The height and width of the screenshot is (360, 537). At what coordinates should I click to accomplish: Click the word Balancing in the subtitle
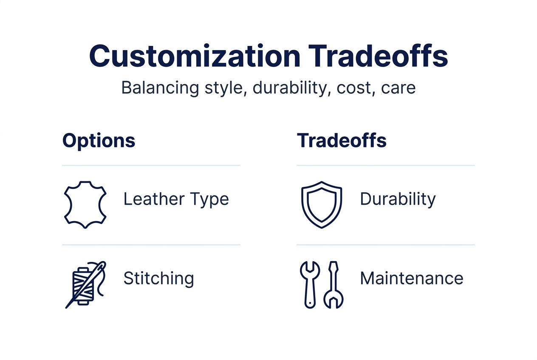[160, 87]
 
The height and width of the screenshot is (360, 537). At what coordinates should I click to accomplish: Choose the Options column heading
[99, 140]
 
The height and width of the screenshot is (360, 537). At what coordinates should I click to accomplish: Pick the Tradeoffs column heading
[342, 140]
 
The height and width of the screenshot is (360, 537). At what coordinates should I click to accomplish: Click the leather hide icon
[85, 204]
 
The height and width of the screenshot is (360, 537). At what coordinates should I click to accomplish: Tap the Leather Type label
[176, 199]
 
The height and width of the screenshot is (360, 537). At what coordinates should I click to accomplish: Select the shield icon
[322, 204]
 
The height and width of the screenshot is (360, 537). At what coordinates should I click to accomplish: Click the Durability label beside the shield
[398, 199]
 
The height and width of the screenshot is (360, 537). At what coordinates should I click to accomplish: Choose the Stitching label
[158, 278]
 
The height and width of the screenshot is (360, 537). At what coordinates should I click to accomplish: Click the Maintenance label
[411, 278]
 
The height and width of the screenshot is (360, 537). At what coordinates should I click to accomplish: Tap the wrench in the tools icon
[310, 282]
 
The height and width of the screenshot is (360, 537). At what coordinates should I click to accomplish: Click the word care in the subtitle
[398, 87]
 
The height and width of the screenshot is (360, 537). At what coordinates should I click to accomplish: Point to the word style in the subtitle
[225, 87]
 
